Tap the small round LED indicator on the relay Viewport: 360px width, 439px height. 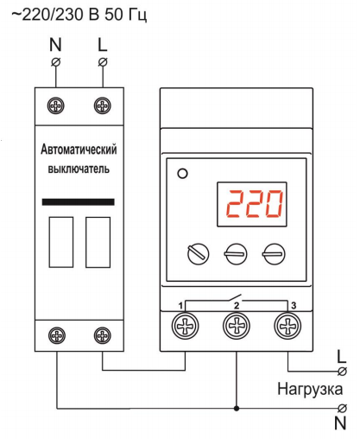pos(183,174)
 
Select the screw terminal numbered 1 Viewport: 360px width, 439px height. pos(185,326)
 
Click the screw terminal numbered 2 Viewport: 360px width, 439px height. pos(237,326)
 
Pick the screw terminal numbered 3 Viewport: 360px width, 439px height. pos(287,326)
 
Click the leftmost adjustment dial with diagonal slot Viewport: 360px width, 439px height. pos(199,254)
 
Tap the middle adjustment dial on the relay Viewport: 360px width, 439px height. pos(236,254)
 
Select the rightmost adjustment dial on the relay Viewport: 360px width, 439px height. pos(274,254)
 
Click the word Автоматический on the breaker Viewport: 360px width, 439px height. pos(79,150)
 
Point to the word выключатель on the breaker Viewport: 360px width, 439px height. pos(79,169)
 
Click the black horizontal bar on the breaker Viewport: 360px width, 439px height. pos(79,202)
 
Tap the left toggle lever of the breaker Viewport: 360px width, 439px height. pos(61,242)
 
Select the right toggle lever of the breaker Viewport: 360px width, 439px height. pos(98,242)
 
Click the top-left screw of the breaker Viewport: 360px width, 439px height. pos(56,105)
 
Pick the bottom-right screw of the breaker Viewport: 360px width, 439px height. pos(103,335)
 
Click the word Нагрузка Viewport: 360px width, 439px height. pos(310,389)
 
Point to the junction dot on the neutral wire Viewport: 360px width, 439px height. pos(237,408)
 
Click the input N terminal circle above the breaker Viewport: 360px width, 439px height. pos(56,62)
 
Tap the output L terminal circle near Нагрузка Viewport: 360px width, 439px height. pos(342,372)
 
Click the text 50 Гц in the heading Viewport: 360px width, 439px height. pos(126,15)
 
